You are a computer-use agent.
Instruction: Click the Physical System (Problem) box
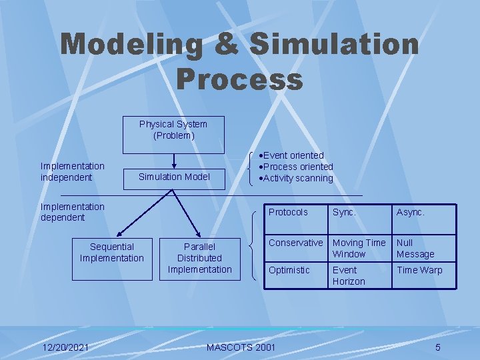[173, 135]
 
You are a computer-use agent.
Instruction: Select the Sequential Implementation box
[112, 259]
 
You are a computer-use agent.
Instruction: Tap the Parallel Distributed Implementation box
[199, 259]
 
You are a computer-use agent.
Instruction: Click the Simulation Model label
[173, 177]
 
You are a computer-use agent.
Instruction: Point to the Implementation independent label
[73, 171]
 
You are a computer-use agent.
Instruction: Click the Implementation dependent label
[73, 212]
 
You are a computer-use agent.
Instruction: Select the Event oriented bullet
[294, 155]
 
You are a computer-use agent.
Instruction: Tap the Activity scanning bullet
[298, 178]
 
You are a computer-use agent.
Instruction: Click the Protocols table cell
[288, 212]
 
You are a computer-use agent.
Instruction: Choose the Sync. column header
[344, 212]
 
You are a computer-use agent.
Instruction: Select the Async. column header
[411, 212]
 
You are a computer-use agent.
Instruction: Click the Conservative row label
[296, 243]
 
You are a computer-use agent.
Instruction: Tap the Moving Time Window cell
[359, 249]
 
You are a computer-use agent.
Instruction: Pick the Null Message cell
[415, 249]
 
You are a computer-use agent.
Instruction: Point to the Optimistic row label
[289, 270]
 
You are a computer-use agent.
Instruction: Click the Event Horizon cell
[349, 276]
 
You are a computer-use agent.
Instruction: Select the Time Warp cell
[419, 270]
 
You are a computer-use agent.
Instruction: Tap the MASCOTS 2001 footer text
[241, 347]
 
